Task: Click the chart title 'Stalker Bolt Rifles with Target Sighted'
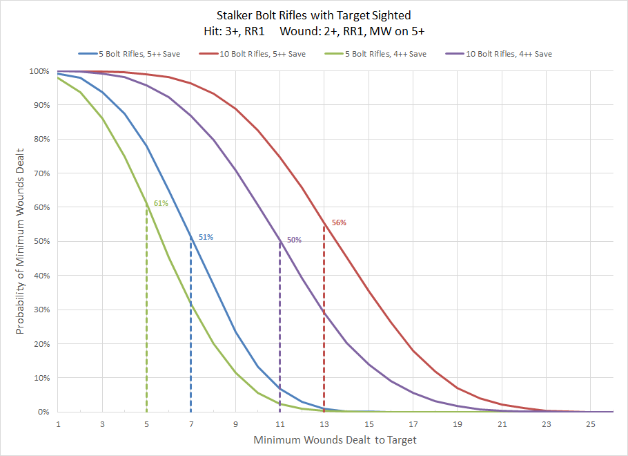313,15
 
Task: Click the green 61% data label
160,203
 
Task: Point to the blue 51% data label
206,237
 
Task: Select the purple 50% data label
294,240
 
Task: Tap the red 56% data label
339,222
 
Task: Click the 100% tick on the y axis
38,71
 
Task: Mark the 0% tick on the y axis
42,412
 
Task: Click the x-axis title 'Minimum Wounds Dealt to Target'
335,439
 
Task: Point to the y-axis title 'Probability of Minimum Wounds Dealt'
20,241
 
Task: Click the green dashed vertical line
146,311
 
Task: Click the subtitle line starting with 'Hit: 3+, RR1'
313,30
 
